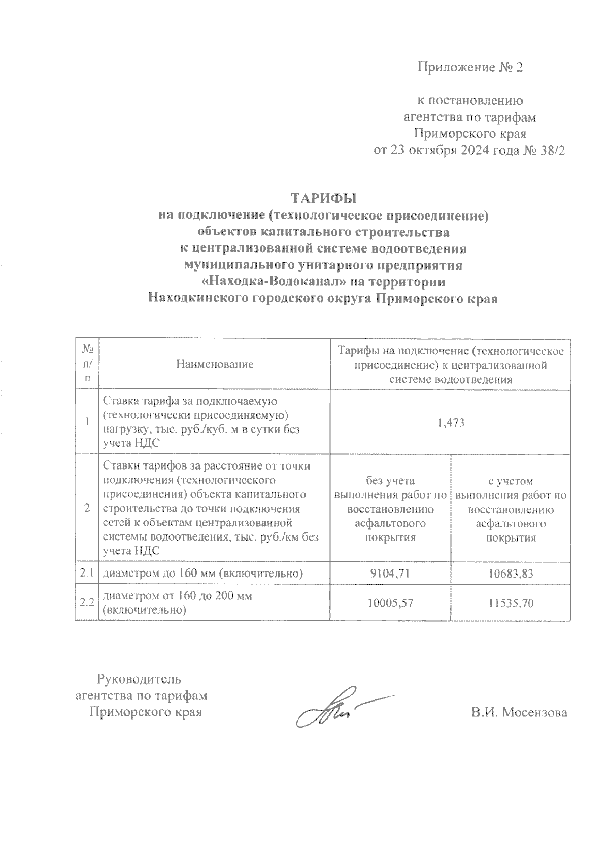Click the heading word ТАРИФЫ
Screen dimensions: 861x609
324,198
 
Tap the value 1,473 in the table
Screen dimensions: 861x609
451,422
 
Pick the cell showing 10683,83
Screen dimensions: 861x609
511,573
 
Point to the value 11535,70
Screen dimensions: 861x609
511,603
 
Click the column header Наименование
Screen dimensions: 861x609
215,364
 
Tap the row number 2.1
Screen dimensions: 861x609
87,573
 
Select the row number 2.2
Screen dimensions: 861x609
87,603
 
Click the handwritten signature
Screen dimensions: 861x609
335,707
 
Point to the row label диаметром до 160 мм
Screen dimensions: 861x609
203,573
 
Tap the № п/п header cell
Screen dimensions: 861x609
88,364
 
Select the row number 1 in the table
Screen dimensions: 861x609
88,422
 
